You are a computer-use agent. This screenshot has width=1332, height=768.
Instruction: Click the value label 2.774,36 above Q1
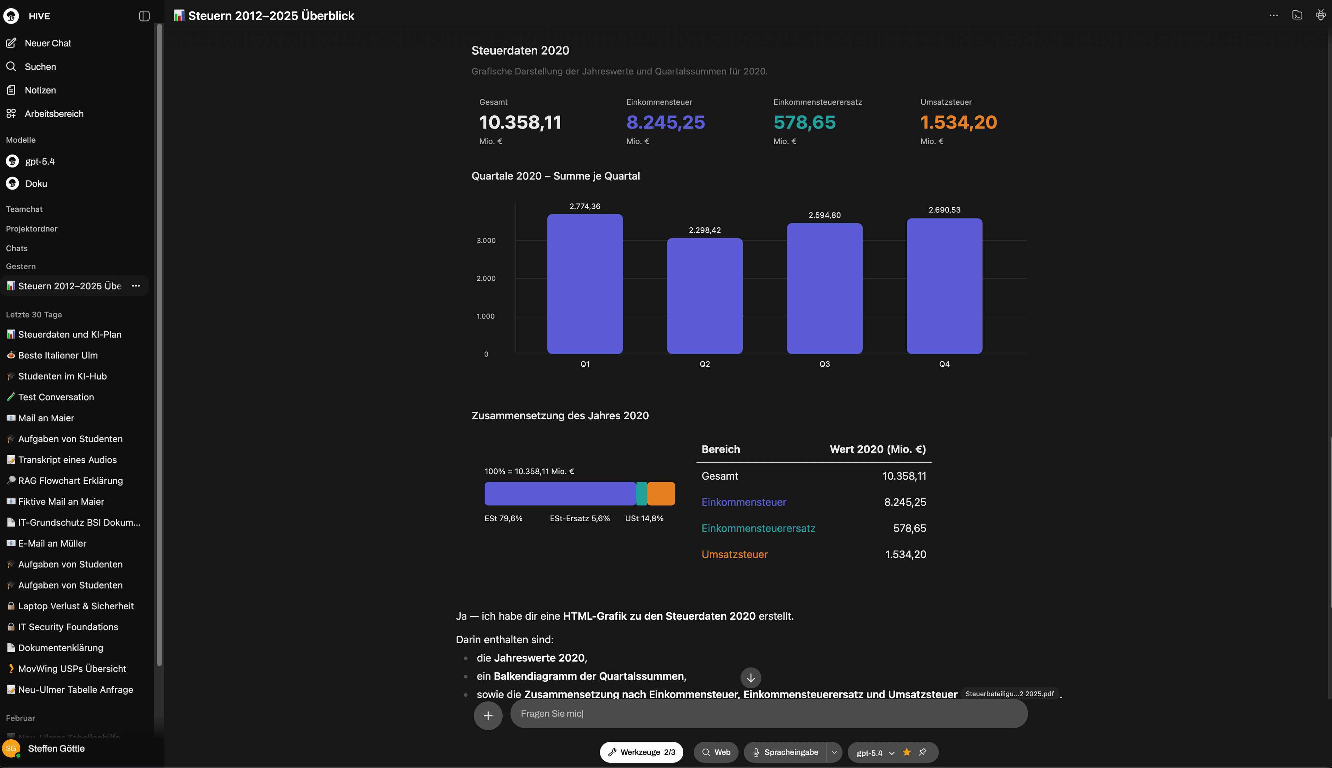click(584, 206)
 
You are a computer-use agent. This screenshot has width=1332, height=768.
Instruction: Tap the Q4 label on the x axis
click(944, 364)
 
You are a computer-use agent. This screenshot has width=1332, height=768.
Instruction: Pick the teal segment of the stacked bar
click(641, 494)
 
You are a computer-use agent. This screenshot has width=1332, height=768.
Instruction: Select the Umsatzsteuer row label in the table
click(734, 555)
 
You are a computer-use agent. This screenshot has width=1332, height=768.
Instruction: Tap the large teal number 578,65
click(804, 122)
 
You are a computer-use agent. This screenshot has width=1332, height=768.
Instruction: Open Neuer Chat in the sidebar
click(48, 43)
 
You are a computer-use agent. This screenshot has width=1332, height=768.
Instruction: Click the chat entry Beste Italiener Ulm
click(58, 356)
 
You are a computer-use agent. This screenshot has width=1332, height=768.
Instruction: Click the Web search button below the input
click(716, 752)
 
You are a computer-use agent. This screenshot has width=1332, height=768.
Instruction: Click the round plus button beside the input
click(488, 716)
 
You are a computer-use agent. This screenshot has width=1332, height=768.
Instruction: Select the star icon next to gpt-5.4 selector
click(906, 752)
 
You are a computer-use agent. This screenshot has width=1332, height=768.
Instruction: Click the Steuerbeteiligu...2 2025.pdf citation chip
click(1009, 693)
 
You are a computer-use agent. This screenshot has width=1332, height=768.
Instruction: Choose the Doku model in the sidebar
click(36, 184)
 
